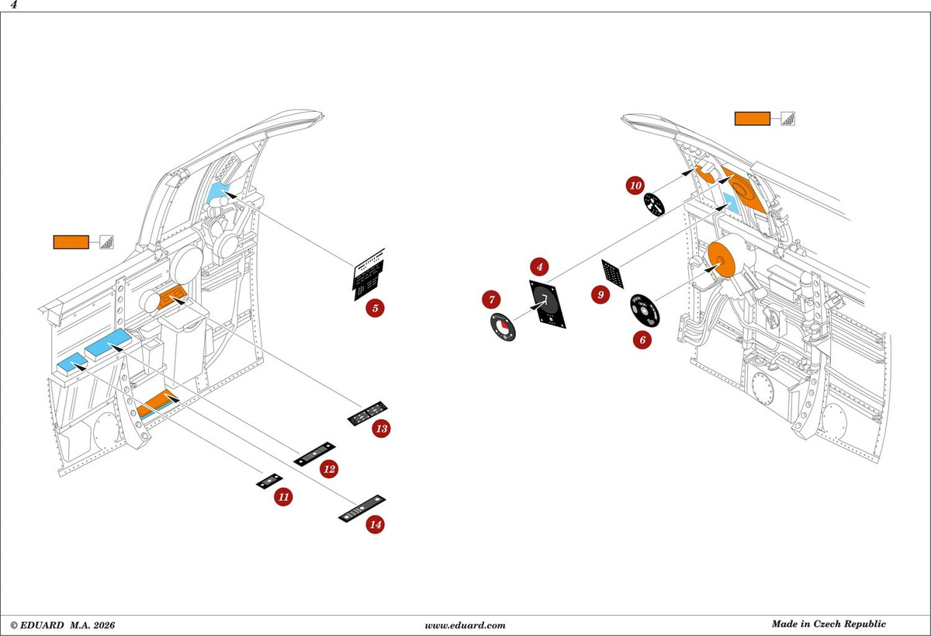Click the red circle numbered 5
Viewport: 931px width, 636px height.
tap(375, 308)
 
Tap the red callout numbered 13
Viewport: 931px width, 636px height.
tap(382, 429)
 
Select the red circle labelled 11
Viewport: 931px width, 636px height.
tap(283, 497)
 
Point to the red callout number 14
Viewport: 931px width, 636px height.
tap(376, 524)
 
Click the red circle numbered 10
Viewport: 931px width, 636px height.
tap(635, 186)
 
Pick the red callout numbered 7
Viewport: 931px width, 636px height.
tap(492, 300)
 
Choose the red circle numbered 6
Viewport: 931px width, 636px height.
tap(642, 340)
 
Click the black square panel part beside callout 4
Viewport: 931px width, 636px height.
tap(548, 304)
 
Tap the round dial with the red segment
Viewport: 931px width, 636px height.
tap(503, 328)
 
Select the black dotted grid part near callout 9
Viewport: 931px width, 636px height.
tap(613, 273)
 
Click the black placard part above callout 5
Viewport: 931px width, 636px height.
tap(369, 274)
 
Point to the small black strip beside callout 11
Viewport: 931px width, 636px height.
tap(269, 481)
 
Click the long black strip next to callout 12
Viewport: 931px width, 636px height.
tap(315, 454)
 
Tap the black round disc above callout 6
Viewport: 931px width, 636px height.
tap(645, 311)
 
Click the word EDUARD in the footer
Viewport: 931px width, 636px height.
tap(42, 625)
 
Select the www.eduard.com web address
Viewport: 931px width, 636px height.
tap(465, 625)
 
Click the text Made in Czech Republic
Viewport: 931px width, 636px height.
tap(829, 624)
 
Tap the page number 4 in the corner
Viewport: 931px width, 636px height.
tap(14, 5)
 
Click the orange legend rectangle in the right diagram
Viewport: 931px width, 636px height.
tap(753, 119)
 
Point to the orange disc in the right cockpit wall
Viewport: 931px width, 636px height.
tap(722, 260)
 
